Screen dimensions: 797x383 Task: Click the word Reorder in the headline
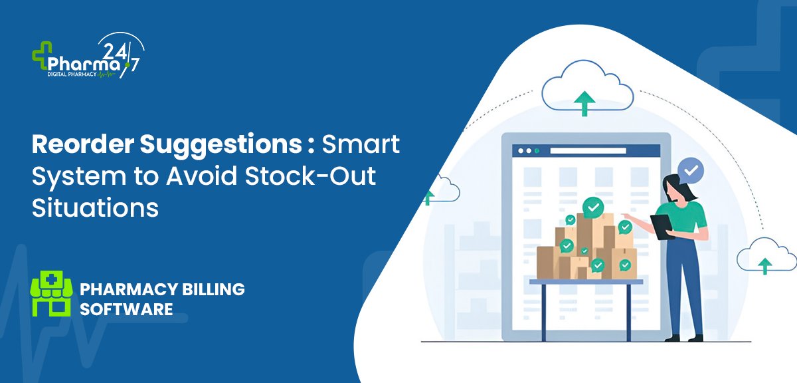click(x=83, y=144)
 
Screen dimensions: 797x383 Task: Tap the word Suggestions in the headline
click(x=221, y=146)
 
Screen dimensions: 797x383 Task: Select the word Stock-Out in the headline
click(x=310, y=176)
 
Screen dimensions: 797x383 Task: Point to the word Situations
click(x=95, y=207)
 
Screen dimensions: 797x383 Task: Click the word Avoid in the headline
click(x=201, y=176)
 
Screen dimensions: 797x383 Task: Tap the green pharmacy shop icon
click(x=52, y=293)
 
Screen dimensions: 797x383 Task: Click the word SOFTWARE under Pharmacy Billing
click(x=126, y=309)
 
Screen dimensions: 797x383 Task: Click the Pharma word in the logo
click(x=84, y=64)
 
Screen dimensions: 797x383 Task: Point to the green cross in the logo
click(x=42, y=55)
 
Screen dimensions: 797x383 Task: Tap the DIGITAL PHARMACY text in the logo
click(x=72, y=74)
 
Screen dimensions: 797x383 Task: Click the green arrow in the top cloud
click(x=584, y=103)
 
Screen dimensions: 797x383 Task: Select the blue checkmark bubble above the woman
click(x=691, y=171)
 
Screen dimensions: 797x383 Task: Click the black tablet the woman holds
click(x=662, y=227)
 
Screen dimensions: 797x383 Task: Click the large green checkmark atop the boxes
click(x=593, y=207)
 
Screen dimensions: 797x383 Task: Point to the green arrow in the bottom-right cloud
click(x=764, y=266)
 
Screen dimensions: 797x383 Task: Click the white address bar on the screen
click(x=588, y=151)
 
